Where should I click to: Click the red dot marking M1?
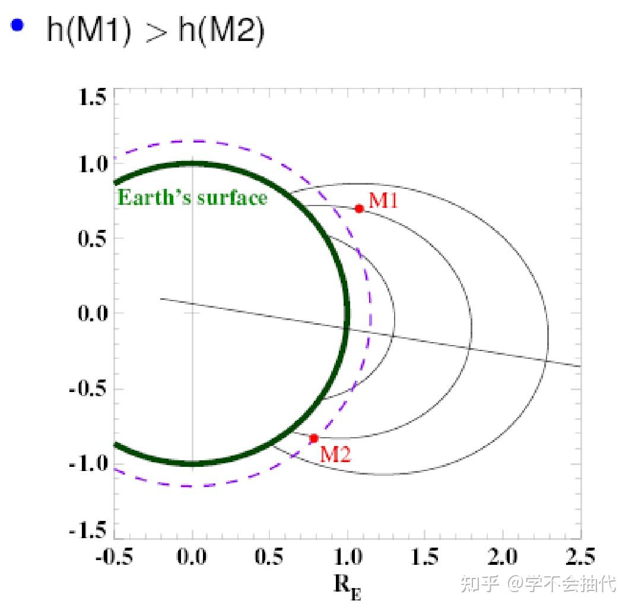[x=359, y=208]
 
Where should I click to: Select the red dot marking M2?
[x=314, y=438]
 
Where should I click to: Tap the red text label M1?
[x=383, y=200]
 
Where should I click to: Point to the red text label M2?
[x=335, y=454]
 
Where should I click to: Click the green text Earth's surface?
[x=193, y=197]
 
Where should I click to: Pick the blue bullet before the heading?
[x=18, y=26]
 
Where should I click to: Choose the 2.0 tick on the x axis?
[x=503, y=558]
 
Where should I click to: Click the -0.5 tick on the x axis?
[x=114, y=558]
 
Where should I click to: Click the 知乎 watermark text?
[x=478, y=583]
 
